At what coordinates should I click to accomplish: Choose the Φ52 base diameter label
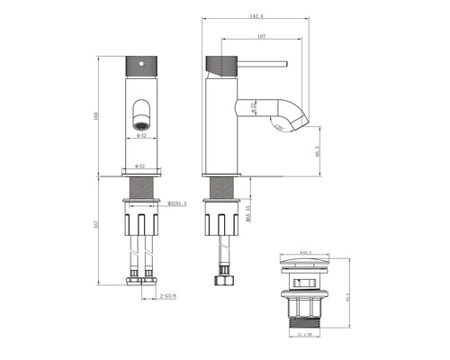140,166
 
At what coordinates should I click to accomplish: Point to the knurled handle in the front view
139,66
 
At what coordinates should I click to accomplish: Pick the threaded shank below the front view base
139,189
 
